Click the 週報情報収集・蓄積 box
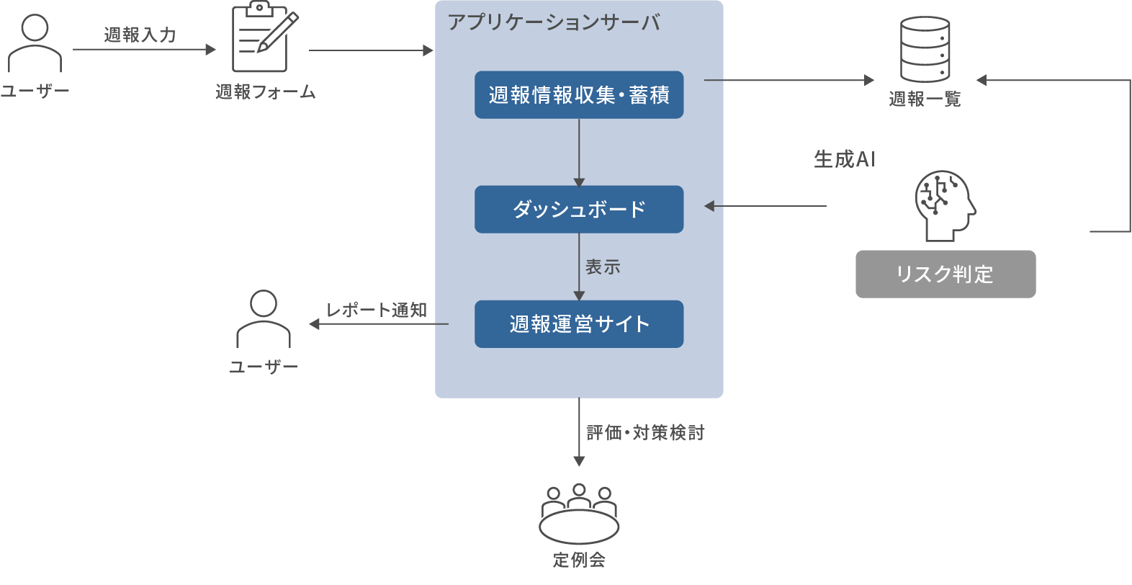tap(578, 94)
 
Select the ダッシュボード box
tap(578, 209)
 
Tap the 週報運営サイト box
tap(578, 324)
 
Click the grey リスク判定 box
tap(945, 274)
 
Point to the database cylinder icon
tap(925, 49)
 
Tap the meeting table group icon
tap(578, 513)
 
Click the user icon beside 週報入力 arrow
tap(35, 43)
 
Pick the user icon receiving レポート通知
tap(264, 319)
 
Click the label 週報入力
tap(140, 35)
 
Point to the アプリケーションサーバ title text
tap(553, 22)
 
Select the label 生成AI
tap(844, 159)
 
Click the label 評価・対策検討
tap(645, 432)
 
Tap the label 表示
tap(603, 267)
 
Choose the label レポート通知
tap(377, 310)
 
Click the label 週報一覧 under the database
tap(925, 99)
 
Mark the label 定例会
tap(578, 560)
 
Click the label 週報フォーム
tap(265, 91)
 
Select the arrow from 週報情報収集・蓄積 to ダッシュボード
tap(579, 152)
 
